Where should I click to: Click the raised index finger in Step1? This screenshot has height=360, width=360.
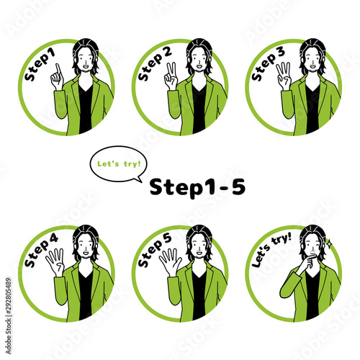[58, 70]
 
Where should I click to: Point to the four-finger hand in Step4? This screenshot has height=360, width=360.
[55, 262]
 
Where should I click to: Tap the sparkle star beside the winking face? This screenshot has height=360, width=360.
[329, 243]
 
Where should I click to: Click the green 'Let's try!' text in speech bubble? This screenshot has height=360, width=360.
[119, 164]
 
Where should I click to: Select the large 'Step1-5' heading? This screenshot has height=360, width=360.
[197, 187]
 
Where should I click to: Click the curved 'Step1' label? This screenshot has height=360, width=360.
[40, 66]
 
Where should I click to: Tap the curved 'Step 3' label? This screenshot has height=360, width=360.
[268, 64]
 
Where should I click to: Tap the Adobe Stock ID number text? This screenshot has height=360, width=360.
[9, 316]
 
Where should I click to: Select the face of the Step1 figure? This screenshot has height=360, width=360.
[86, 60]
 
